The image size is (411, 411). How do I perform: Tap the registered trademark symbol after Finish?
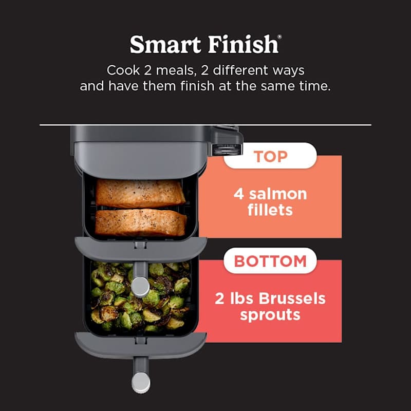pos(279,37)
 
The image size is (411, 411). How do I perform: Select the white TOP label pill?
pos(270,156)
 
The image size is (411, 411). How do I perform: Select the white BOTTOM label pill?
pos(270,261)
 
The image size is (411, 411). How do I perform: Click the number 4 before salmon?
pos(239,194)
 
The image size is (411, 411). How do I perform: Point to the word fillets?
pos(270,211)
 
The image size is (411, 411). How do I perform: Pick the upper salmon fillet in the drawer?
pos(141,194)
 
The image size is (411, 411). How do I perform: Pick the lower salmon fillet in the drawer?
pos(141,221)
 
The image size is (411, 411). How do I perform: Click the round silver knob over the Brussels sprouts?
pos(140,286)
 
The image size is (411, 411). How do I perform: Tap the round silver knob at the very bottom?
pos(141,383)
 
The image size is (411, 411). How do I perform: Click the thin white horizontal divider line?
pos(308,124)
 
